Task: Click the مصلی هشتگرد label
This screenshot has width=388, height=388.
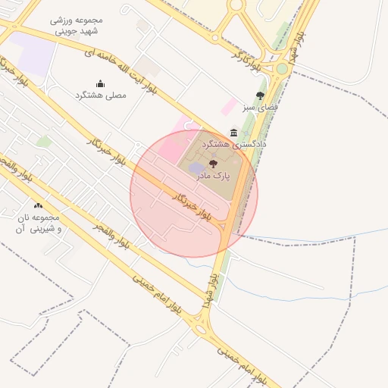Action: tap(99, 95)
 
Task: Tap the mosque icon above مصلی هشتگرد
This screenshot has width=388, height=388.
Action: tap(100, 83)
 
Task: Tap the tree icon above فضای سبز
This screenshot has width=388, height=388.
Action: tap(260, 96)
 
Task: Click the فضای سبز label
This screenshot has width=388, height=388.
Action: tap(260, 108)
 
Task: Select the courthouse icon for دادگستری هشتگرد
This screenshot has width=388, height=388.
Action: tap(233, 133)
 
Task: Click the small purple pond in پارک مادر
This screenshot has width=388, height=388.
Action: tap(196, 167)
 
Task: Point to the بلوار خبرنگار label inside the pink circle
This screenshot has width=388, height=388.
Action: tap(191, 203)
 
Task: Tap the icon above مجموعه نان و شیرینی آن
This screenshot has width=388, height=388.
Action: tap(39, 206)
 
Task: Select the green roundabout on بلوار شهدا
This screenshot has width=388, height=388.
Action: tap(282, 69)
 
